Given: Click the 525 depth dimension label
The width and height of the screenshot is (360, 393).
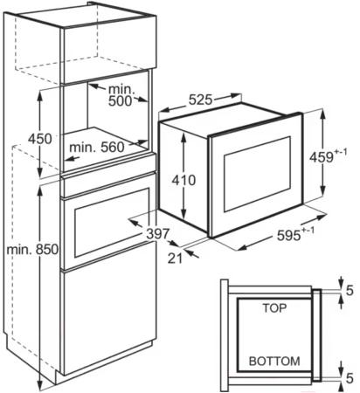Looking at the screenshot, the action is [x=200, y=100].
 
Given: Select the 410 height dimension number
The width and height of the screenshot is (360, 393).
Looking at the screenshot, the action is [x=183, y=180].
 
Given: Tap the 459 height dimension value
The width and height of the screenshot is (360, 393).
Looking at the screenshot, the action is [x=322, y=157].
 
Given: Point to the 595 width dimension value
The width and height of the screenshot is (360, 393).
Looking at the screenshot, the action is [x=288, y=235].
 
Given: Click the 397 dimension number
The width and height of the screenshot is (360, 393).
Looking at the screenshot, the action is [x=157, y=234].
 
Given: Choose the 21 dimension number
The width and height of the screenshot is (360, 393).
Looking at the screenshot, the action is [x=175, y=259].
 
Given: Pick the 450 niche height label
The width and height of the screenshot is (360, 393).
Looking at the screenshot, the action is [x=40, y=139].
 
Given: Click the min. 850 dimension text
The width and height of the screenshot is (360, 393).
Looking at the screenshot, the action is [x=32, y=250].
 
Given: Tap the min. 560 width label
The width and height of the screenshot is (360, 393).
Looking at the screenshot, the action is [x=97, y=148].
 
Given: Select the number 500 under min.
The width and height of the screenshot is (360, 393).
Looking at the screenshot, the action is [x=121, y=101].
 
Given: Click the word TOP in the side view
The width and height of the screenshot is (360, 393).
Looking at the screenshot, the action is [x=274, y=308].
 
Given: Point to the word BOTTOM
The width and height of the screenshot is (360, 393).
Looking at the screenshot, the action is [x=274, y=362].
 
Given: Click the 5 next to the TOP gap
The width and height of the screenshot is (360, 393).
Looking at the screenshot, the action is [x=350, y=291].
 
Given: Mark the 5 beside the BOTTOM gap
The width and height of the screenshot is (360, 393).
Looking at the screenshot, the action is [x=350, y=378].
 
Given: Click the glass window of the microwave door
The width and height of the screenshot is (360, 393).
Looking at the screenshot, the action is [x=257, y=174].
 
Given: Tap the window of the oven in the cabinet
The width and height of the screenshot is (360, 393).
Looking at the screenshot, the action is [x=112, y=223].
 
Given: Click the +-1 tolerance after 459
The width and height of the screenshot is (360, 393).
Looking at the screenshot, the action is [x=341, y=153].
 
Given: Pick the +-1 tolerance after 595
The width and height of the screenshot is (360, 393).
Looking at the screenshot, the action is [x=308, y=231].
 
